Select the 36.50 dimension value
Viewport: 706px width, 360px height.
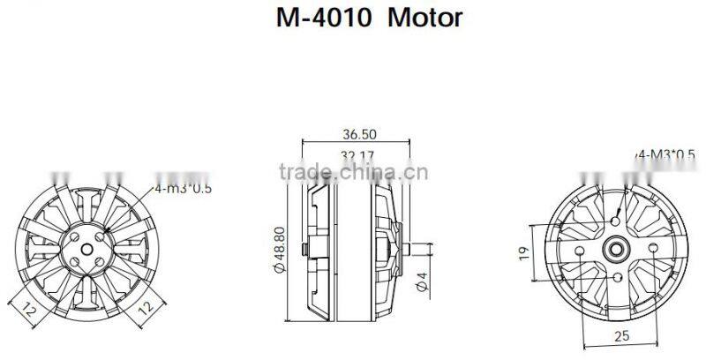tap(357, 135)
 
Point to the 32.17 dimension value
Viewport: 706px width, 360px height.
tap(357, 156)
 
